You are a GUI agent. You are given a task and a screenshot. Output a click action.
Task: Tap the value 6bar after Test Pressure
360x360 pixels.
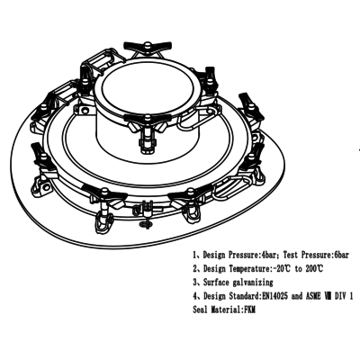[340, 255]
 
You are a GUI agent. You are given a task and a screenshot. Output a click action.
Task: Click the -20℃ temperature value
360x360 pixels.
[282, 268]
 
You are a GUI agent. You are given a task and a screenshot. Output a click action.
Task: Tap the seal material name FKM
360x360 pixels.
[249, 310]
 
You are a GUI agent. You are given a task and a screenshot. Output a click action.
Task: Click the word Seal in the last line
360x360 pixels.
[200, 310]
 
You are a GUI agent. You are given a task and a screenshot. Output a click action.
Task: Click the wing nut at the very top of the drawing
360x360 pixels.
[148, 46]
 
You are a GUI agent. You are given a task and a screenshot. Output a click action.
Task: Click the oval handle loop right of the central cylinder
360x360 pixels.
[195, 120]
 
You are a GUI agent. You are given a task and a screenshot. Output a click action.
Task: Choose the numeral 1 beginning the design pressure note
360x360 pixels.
[195, 255]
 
